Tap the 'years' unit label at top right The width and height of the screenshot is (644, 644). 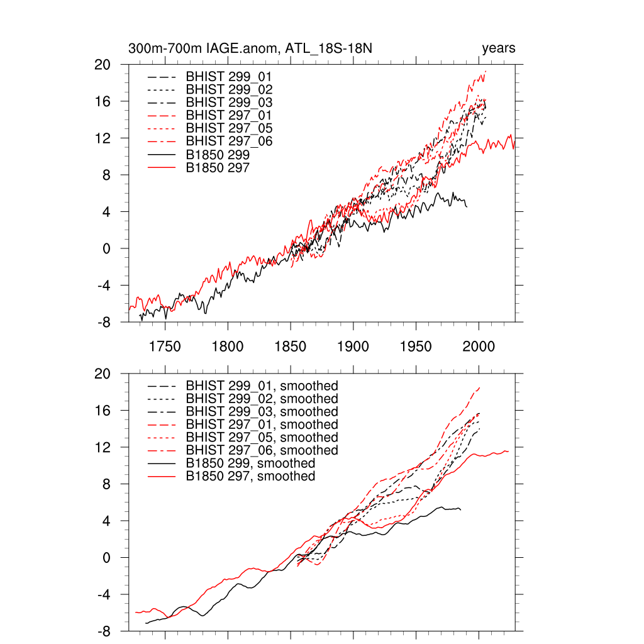[499, 48]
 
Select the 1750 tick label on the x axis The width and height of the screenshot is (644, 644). [165, 345]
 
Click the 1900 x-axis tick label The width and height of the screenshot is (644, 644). [353, 345]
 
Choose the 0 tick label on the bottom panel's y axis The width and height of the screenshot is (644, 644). [107, 557]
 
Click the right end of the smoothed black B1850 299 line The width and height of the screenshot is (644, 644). [460, 509]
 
